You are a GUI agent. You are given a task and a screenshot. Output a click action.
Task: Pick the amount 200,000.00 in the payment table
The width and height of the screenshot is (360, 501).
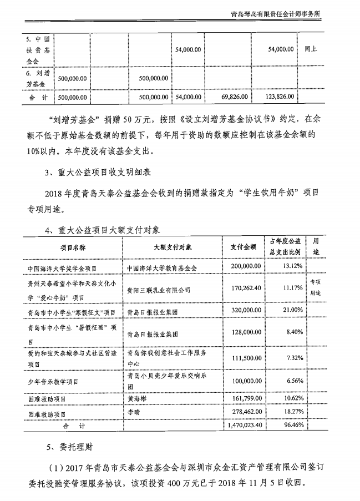tap(245, 267)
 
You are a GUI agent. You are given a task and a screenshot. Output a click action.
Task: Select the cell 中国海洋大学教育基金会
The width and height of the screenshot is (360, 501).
tap(162, 267)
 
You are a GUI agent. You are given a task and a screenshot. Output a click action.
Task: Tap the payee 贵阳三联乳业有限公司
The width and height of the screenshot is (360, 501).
tap(159, 289)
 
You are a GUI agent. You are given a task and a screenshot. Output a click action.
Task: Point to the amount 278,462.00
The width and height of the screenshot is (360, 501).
tap(245, 413)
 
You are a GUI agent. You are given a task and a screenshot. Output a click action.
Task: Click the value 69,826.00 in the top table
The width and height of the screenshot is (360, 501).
tap(236, 97)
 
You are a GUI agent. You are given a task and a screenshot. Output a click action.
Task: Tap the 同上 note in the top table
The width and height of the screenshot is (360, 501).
tap(311, 49)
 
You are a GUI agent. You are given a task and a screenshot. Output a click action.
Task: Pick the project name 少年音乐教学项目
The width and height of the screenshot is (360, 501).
tap(53, 382)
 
